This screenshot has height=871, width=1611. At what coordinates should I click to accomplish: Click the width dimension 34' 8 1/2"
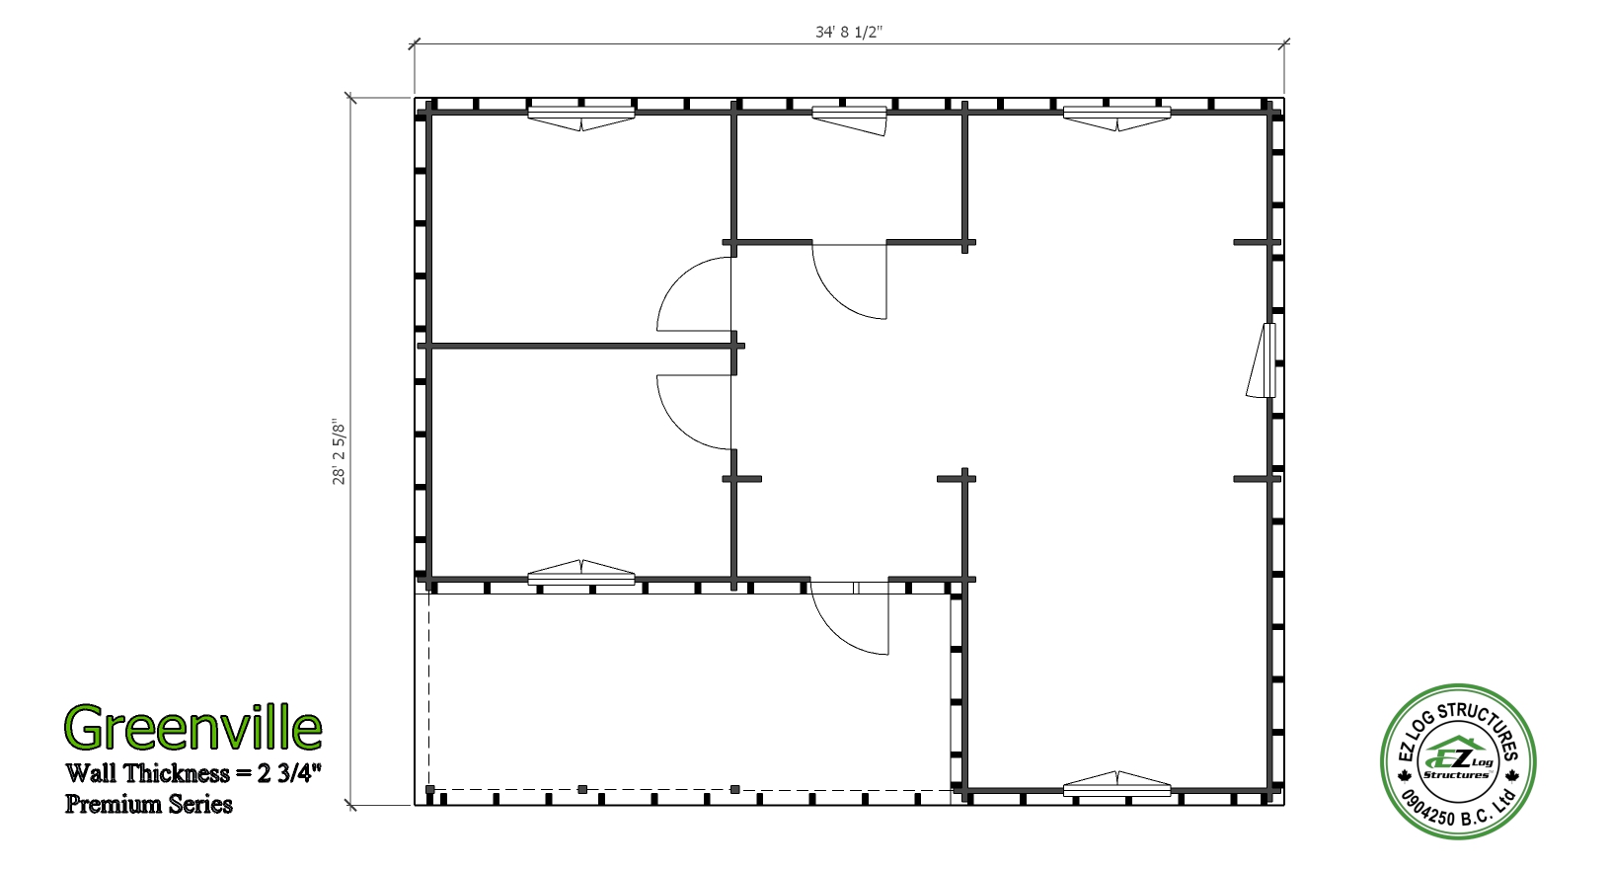point(849,33)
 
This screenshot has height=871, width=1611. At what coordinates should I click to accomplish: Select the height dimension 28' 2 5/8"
point(339,453)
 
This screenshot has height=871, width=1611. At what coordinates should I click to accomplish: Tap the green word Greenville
point(192,727)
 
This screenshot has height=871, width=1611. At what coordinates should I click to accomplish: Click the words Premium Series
point(149,804)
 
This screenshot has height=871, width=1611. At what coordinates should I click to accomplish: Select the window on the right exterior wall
point(1263,360)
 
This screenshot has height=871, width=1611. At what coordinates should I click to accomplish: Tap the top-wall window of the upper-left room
point(581,118)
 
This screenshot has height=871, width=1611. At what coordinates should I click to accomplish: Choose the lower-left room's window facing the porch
point(581,573)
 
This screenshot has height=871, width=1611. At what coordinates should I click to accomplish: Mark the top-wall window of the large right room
point(1116,118)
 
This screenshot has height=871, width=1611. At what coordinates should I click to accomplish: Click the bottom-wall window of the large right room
point(1116,784)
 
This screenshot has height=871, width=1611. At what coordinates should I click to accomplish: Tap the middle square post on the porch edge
point(582,790)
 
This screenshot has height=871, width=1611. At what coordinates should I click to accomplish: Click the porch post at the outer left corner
point(430,790)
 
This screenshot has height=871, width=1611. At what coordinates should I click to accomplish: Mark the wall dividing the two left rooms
point(581,346)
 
